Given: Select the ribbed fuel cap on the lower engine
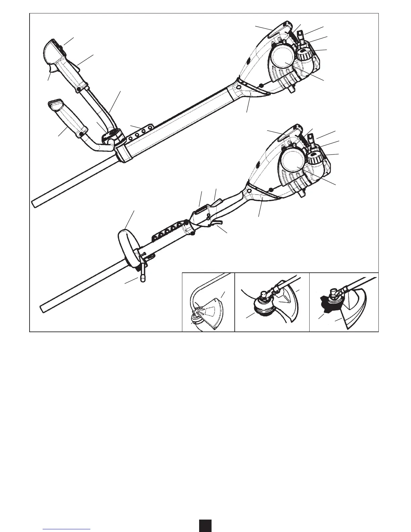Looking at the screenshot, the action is coord(316,158).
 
